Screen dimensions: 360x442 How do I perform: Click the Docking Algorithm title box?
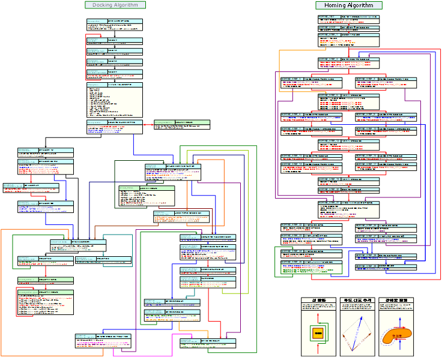click(115, 5)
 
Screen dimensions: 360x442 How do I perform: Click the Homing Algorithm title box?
click(349, 5)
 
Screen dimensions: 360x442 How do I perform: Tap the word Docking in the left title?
click(103, 5)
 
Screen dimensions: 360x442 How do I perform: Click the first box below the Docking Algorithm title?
click(114, 24)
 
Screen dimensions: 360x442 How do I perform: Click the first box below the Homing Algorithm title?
click(348, 19)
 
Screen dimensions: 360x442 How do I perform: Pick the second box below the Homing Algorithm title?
click(348, 28)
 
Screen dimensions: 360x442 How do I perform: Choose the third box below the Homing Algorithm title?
click(348, 40)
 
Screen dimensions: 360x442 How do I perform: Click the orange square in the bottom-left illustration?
click(318, 332)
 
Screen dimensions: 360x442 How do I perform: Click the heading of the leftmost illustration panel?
click(318, 300)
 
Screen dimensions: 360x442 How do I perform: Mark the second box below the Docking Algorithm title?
click(114, 40)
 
